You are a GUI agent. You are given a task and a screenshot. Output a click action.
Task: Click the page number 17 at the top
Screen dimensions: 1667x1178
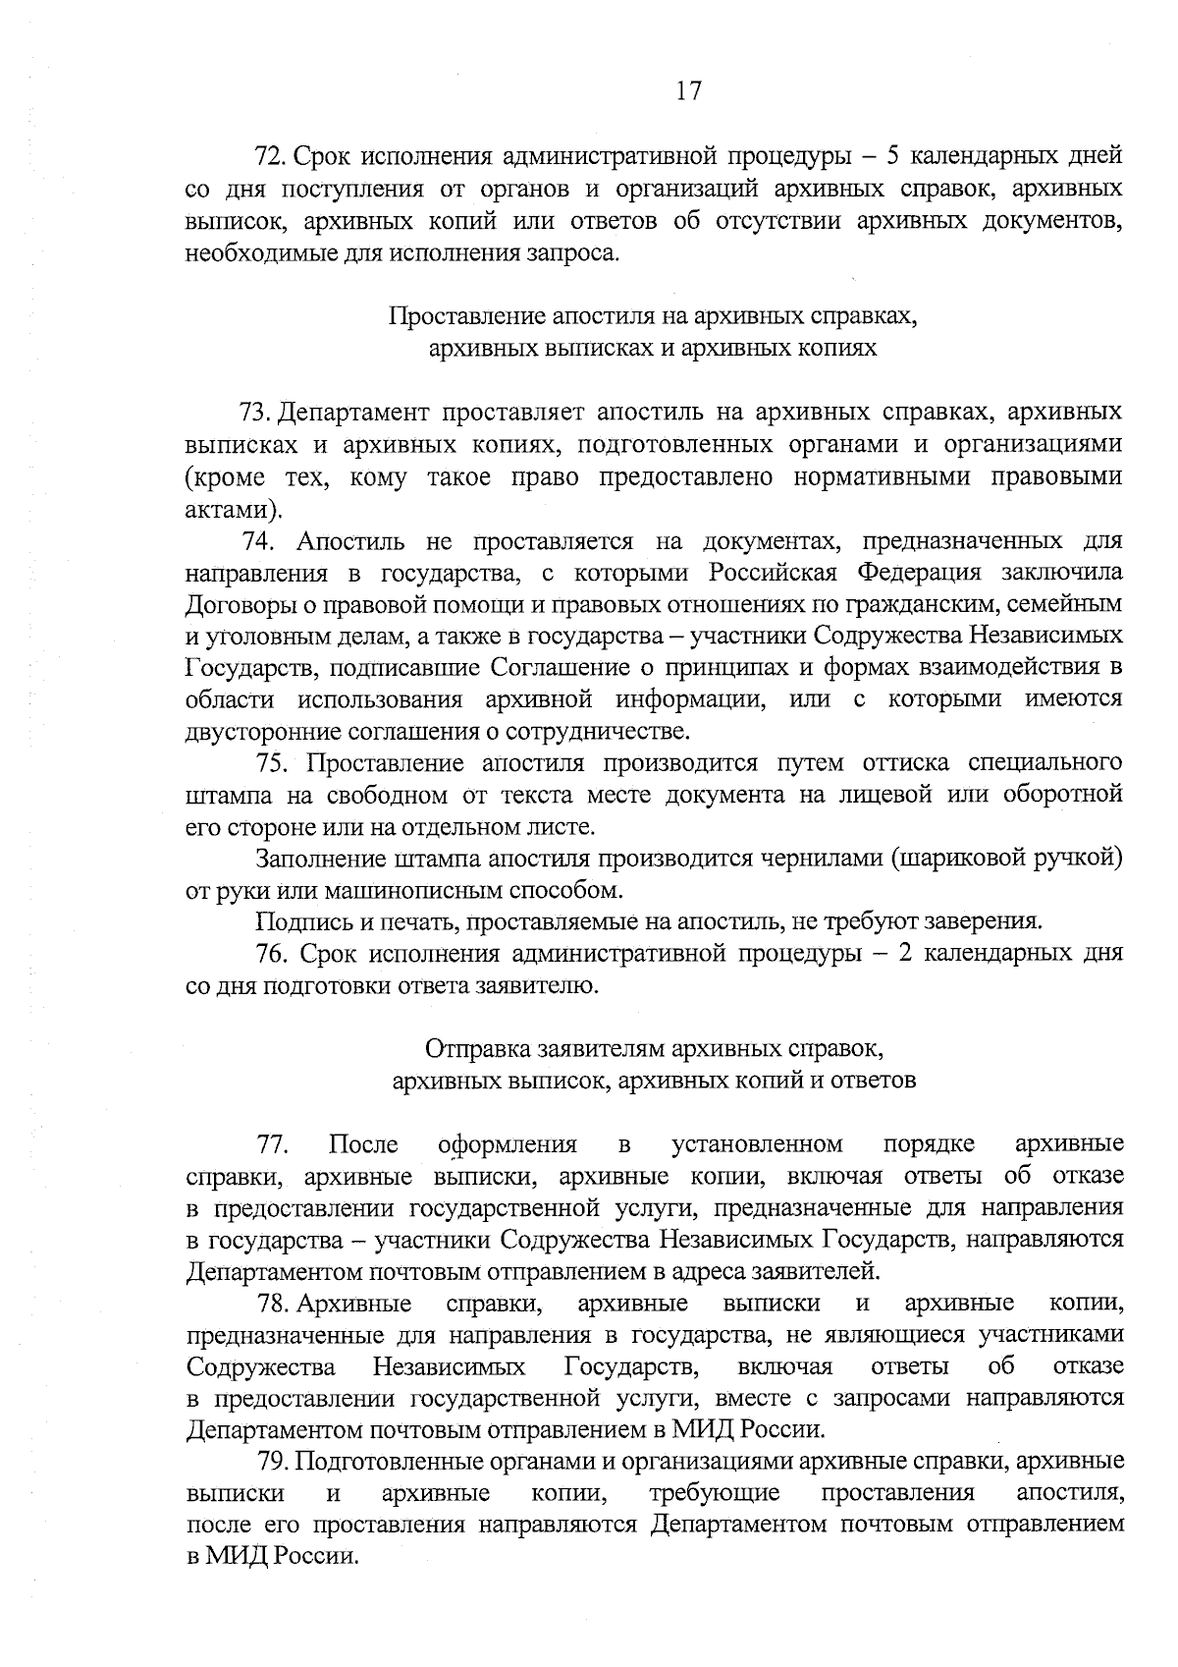point(688,91)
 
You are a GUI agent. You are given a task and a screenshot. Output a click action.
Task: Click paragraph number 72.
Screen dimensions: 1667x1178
point(269,157)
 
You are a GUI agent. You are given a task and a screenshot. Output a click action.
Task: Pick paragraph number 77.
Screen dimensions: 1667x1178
point(271,1144)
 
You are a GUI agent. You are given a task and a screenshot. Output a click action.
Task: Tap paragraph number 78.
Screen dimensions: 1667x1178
point(271,1304)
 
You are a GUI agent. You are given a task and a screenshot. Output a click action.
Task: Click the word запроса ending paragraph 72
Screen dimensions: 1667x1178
point(579,253)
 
